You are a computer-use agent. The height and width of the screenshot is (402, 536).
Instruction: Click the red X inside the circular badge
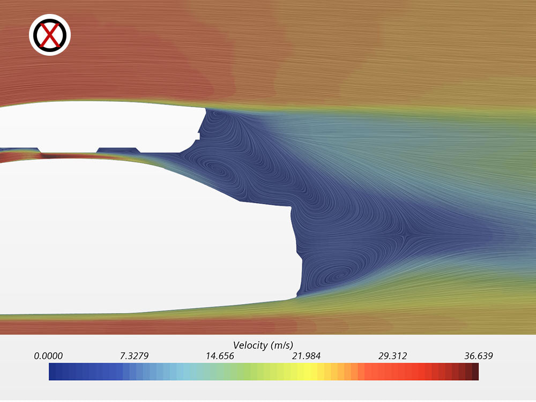coord(50,35)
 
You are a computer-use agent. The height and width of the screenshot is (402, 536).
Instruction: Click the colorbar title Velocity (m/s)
coord(263,345)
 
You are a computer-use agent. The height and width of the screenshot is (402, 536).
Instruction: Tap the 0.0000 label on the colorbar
coord(48,356)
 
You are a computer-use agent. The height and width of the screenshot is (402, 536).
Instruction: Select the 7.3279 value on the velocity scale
coord(134,356)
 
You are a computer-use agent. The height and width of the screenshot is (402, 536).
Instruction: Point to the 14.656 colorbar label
coord(220,356)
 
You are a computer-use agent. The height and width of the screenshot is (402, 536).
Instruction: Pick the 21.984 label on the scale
coord(306,356)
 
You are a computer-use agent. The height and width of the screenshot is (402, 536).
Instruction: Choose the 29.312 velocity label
coord(392,356)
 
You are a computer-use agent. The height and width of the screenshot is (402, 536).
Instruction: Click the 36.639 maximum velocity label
coord(479,356)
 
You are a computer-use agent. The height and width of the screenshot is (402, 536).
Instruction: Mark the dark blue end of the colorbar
coord(53,371)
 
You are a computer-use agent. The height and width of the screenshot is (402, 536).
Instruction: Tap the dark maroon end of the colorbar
coord(475,371)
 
